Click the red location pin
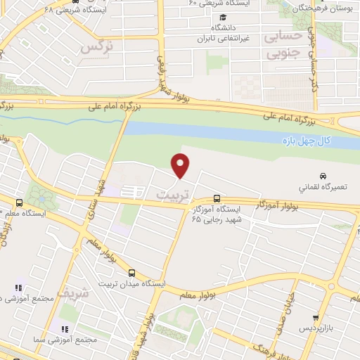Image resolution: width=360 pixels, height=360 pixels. point(181,165)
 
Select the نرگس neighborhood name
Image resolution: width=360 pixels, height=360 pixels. point(97,47)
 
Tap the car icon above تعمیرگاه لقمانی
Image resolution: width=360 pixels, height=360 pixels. point(322,176)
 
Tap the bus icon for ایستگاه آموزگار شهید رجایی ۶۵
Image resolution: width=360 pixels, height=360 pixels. point(216,199)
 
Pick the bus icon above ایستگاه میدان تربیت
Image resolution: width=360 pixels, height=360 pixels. point(131,272)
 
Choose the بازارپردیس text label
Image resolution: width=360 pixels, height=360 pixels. point(314,329)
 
